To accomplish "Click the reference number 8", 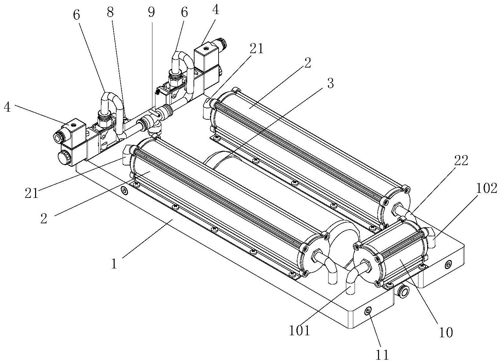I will point(110,13).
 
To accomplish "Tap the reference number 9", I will point(151,13).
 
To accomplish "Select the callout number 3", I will point(330,83).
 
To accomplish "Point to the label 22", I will point(461,161).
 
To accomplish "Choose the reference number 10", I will point(446,333).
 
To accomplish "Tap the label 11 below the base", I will point(382,355).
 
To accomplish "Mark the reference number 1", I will point(114,264).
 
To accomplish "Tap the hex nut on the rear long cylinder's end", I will point(396,209).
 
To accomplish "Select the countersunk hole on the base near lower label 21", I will point(125,191).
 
